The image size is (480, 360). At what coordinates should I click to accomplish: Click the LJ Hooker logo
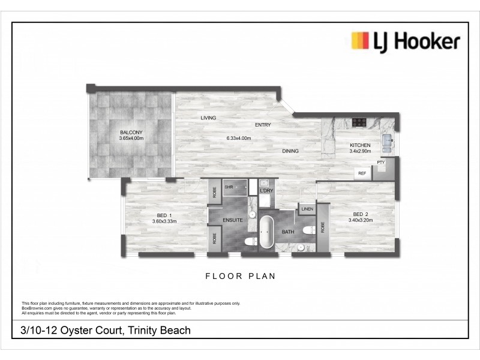405,41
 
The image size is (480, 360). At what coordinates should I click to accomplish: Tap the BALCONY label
130,133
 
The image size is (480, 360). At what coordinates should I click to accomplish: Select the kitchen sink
388,142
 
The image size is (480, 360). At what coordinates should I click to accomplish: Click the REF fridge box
362,173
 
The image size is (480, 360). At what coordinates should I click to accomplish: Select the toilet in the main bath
309,232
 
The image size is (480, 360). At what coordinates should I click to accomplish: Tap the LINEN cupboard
307,209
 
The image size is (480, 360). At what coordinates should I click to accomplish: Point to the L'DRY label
266,191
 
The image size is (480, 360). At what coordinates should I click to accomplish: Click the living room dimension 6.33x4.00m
238,139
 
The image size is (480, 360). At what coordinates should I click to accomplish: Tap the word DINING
290,151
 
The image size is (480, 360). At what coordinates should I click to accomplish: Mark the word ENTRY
263,125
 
